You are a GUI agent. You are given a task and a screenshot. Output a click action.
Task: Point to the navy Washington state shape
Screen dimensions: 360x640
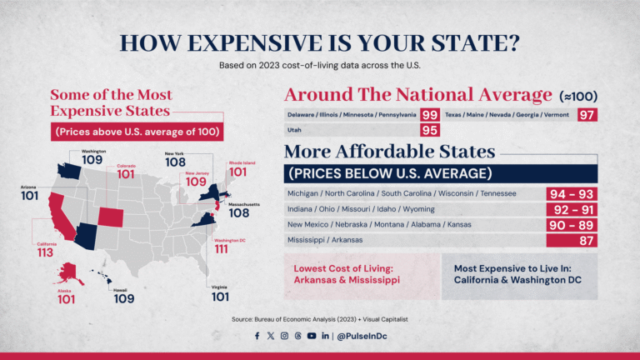click(66, 170)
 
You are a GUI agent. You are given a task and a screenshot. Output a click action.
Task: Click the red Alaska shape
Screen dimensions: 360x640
click(67, 272)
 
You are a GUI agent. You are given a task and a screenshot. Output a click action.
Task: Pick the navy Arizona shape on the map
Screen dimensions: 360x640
click(85, 235)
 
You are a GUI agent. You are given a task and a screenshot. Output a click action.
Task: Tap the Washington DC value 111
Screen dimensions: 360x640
click(221, 248)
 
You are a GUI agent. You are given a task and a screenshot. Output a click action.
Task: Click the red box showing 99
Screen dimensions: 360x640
click(430, 115)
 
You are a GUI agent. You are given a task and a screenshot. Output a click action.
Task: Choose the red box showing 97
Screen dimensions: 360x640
click(587, 115)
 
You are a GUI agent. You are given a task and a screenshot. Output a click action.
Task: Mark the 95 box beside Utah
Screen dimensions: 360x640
click(430, 130)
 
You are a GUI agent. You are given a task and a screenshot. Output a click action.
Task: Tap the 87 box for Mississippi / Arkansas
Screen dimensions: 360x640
click(572, 240)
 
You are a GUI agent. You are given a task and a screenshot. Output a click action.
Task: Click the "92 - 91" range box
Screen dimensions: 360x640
click(572, 209)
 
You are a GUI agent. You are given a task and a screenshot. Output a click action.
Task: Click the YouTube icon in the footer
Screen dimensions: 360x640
click(311, 336)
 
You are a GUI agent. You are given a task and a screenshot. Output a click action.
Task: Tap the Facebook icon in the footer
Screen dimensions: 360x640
click(257, 336)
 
